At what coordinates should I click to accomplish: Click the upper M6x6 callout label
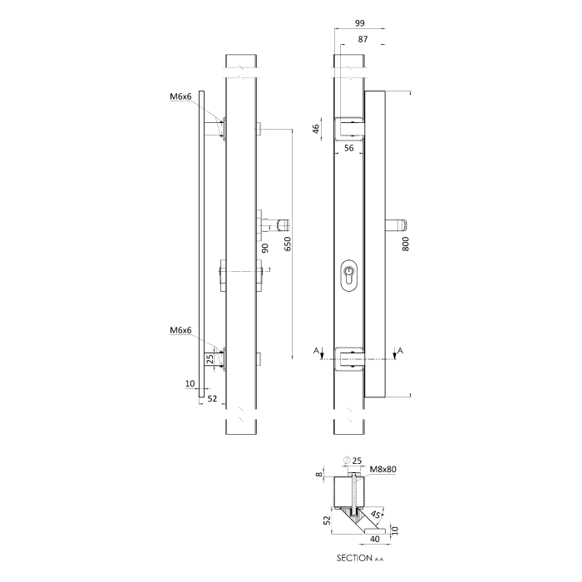pos(180,97)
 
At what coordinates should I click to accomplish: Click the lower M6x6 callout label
pos(180,331)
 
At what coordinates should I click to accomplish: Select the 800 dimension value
pos(406,244)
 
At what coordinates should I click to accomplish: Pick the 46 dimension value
pos(317,130)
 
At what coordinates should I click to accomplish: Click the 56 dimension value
pos(349,148)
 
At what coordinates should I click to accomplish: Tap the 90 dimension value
pos(265,248)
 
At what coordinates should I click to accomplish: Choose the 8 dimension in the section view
pos(318,475)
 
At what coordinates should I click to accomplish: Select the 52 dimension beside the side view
pos(212,399)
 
